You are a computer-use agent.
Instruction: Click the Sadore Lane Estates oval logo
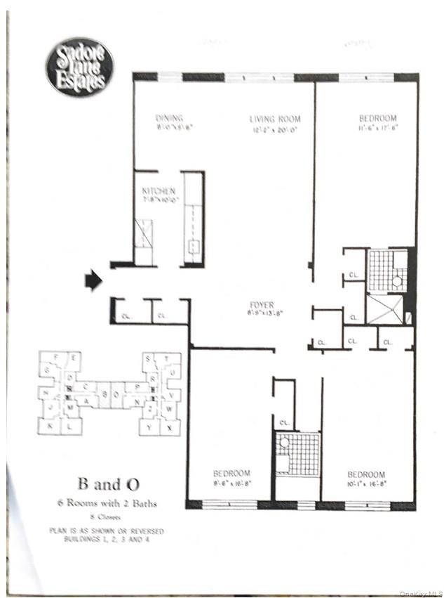[x=77, y=67]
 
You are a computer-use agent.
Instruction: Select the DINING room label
[x=169, y=119]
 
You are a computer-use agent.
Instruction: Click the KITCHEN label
[x=159, y=191]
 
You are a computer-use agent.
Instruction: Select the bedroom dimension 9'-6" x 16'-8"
[x=231, y=483]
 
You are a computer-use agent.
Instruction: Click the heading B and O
[x=108, y=483]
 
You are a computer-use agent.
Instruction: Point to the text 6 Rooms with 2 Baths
[x=108, y=502]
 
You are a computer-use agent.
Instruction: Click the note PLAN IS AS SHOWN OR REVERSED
[x=108, y=531]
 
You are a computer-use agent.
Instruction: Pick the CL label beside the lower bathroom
[x=285, y=423]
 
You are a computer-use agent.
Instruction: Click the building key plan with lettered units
[x=109, y=394]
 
